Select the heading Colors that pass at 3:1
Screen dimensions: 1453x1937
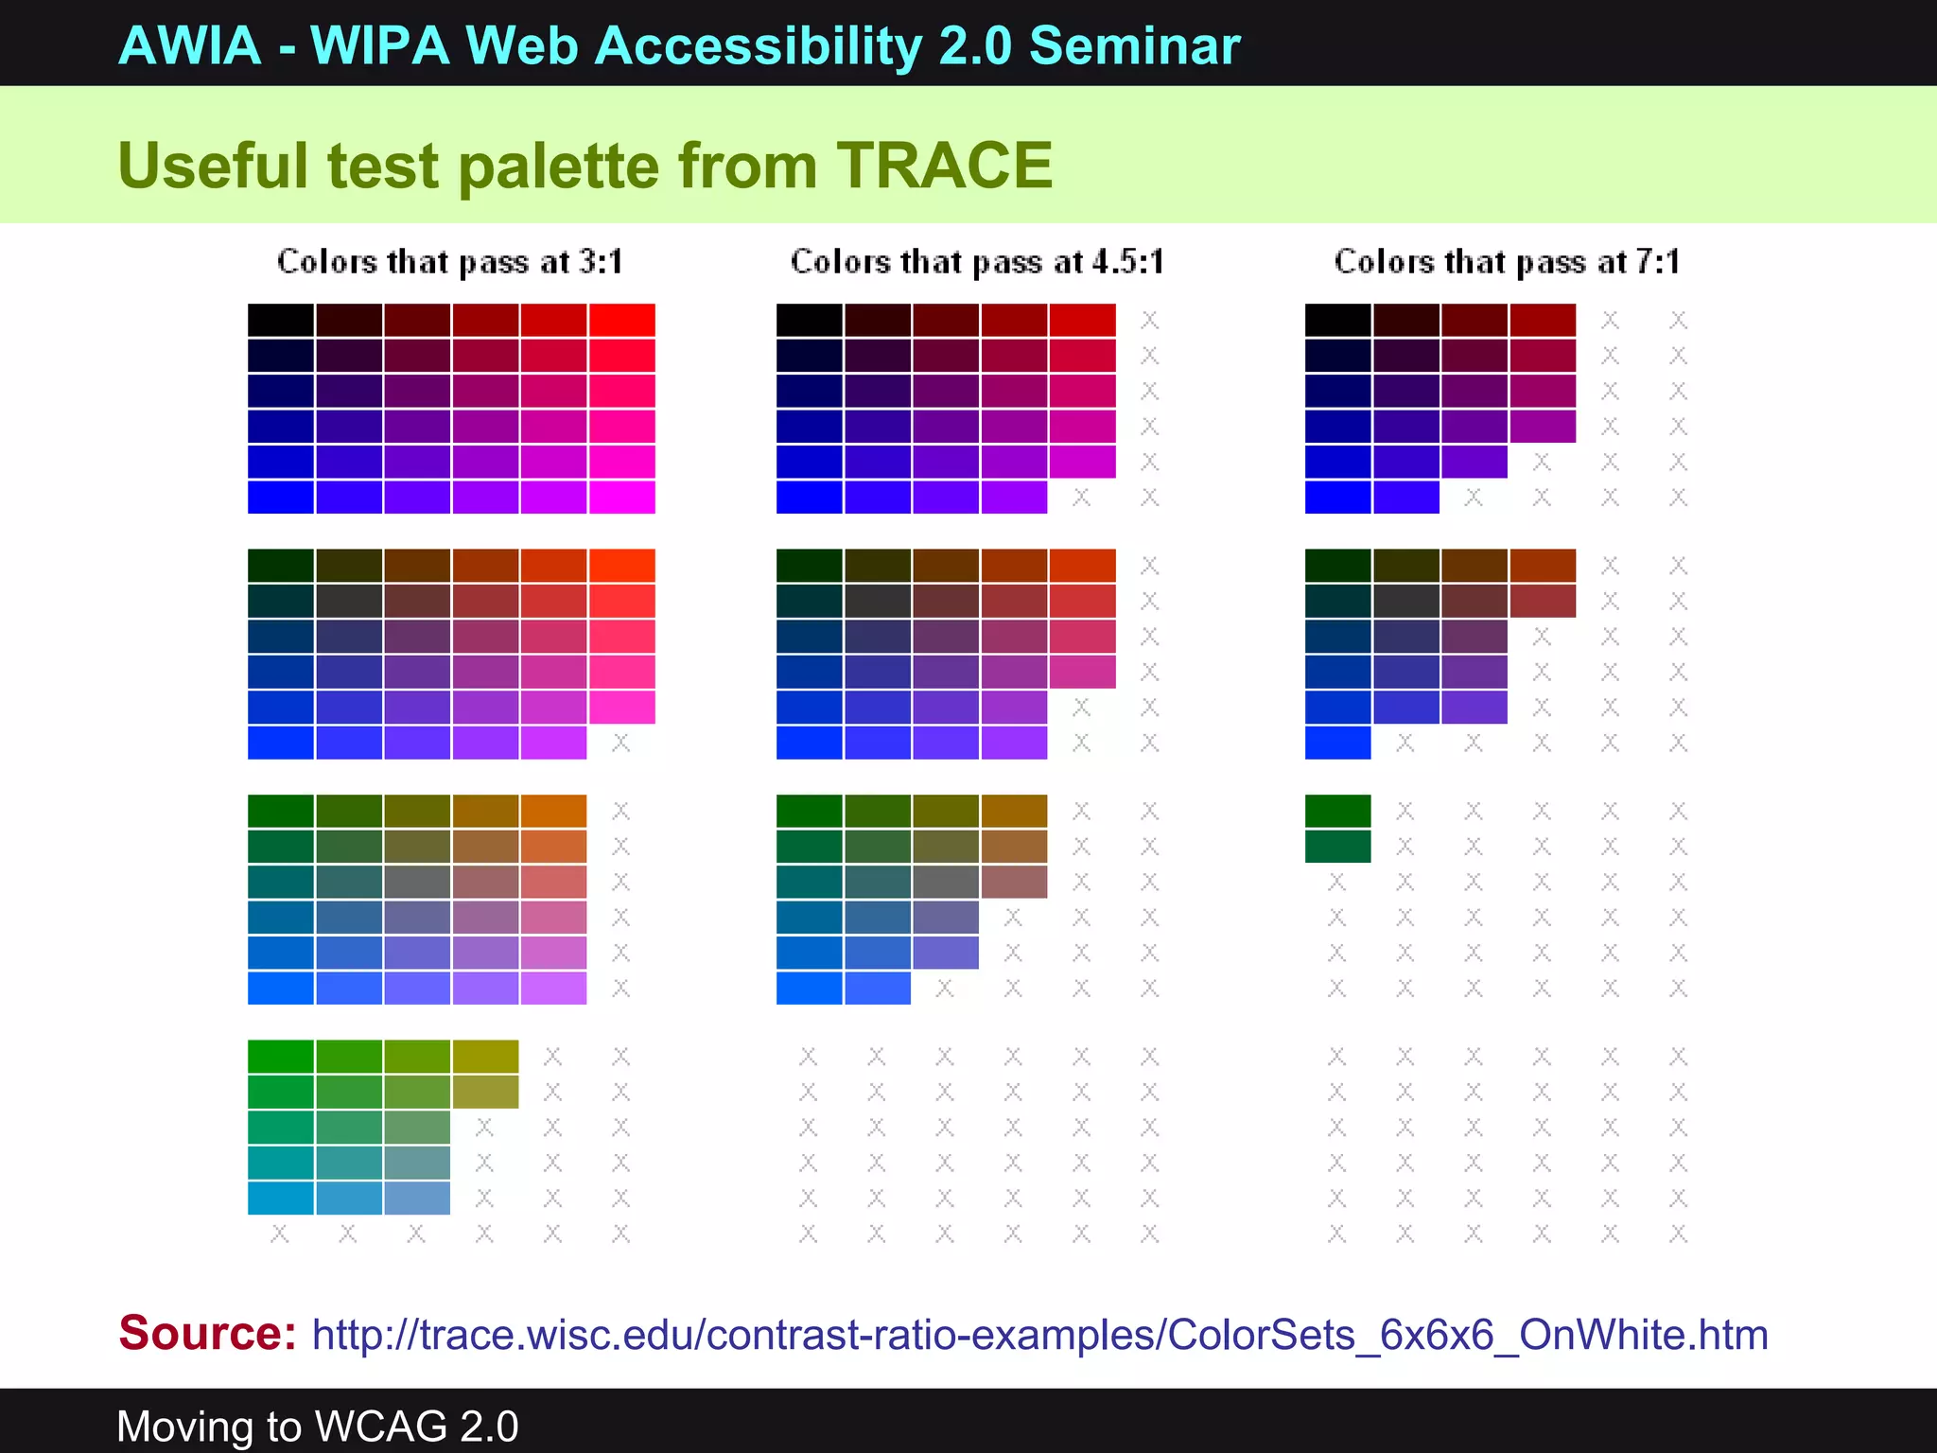point(450,262)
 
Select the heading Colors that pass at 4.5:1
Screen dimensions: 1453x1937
point(977,262)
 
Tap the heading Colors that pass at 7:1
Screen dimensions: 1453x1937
point(1507,262)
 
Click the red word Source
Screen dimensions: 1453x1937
point(207,1333)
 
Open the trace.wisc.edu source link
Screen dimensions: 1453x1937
point(1039,1335)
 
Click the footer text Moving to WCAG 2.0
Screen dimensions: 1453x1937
point(317,1427)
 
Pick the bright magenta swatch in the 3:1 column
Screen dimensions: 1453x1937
point(621,497)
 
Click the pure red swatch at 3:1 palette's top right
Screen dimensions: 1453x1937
point(621,320)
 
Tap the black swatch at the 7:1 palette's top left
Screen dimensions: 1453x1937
point(1337,320)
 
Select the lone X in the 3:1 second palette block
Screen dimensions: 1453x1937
point(620,744)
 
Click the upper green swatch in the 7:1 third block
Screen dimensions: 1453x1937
point(1337,811)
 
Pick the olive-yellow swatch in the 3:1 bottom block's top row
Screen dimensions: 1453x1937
point(485,1056)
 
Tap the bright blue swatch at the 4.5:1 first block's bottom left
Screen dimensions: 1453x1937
point(809,497)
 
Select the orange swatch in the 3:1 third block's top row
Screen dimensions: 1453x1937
point(553,811)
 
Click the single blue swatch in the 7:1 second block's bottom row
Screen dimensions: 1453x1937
point(1337,744)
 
